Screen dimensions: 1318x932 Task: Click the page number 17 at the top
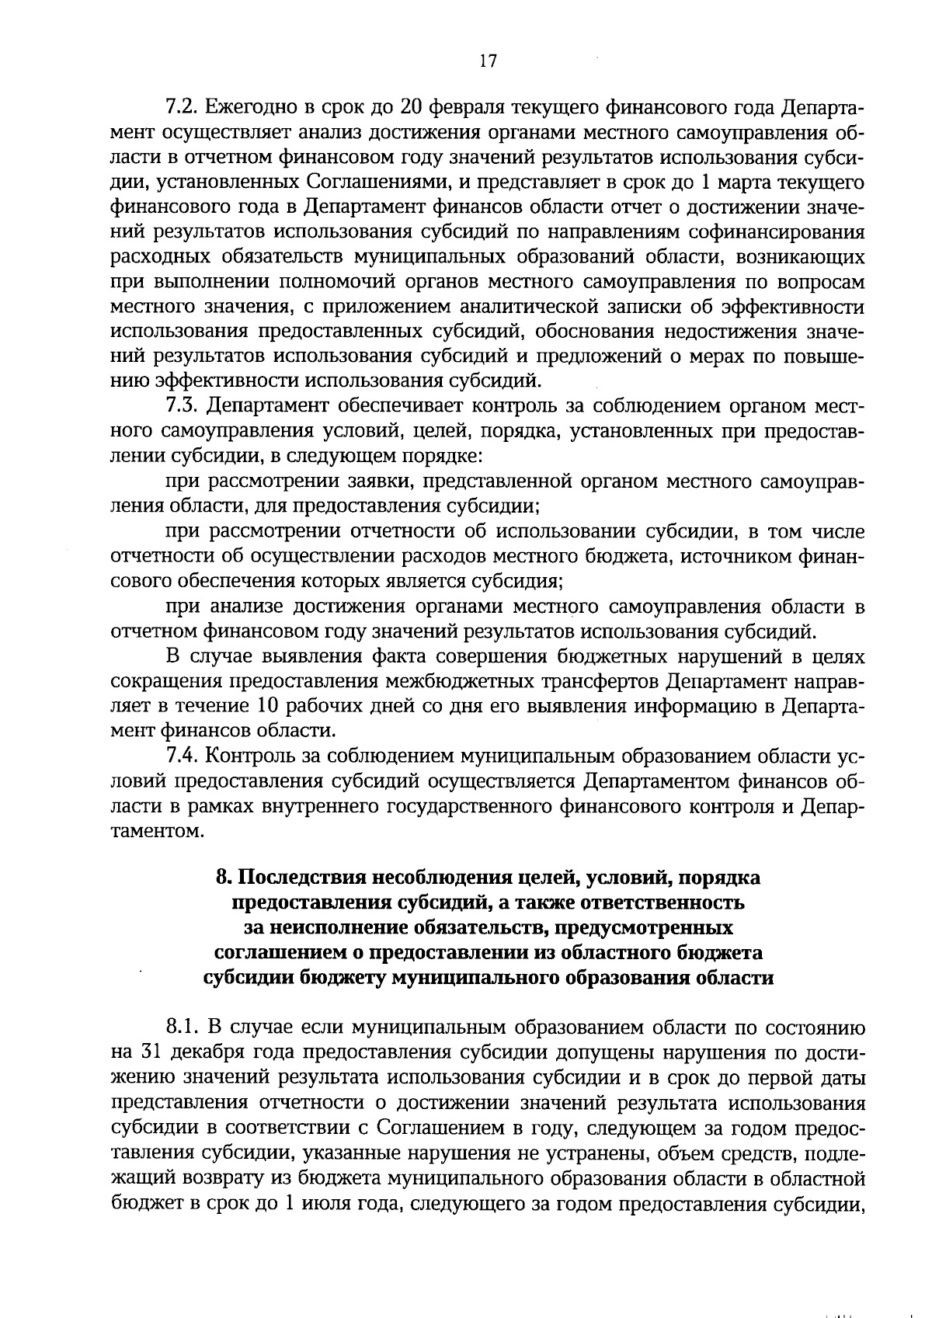(488, 62)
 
